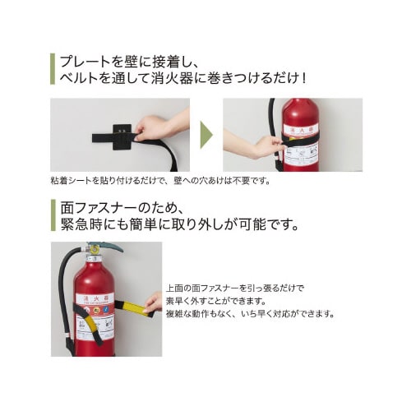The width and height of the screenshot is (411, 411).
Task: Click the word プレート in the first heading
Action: point(85,62)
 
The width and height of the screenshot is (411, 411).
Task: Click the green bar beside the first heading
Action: point(52,70)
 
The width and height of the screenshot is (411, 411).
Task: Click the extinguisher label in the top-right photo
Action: point(301,145)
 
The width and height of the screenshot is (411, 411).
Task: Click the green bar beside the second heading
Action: point(52,215)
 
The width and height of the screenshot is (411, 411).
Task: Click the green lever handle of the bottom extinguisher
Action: point(110,246)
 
